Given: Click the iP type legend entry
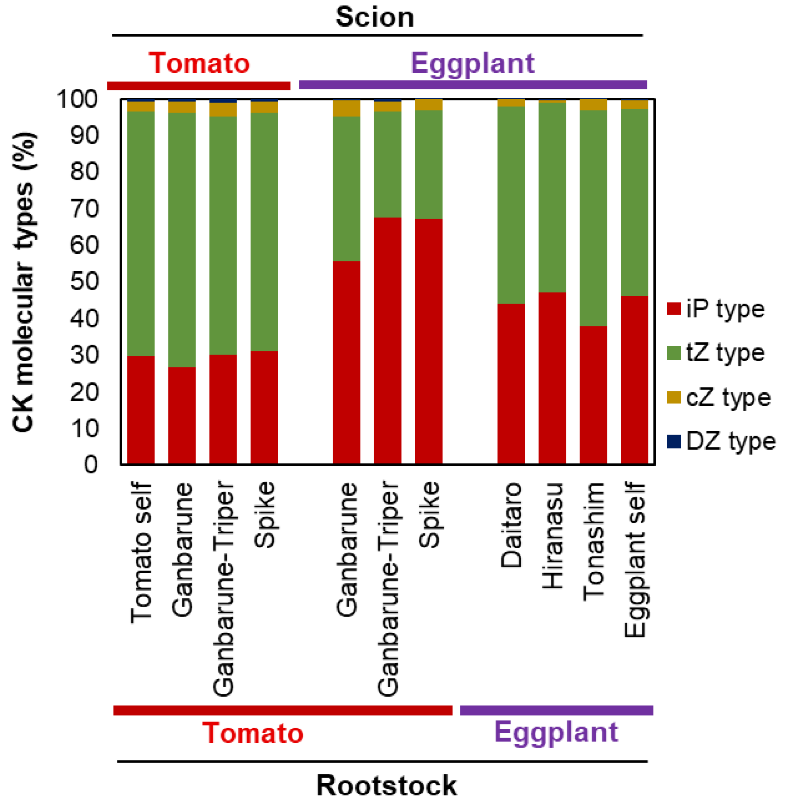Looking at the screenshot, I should (716, 309).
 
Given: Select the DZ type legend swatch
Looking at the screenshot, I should (674, 441).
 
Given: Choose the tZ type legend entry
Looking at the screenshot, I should (716, 353).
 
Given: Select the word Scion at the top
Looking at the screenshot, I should (375, 18).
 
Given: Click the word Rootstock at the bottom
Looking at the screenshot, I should (386, 785).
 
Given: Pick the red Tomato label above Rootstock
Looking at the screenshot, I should (253, 733).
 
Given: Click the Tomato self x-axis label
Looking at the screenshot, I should (141, 552).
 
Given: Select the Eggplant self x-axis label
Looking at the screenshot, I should (635, 559).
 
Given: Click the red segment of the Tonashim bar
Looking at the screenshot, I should (593, 394).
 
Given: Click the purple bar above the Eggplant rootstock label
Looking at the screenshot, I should (556, 710).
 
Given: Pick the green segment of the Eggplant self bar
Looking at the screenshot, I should (634, 202).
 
